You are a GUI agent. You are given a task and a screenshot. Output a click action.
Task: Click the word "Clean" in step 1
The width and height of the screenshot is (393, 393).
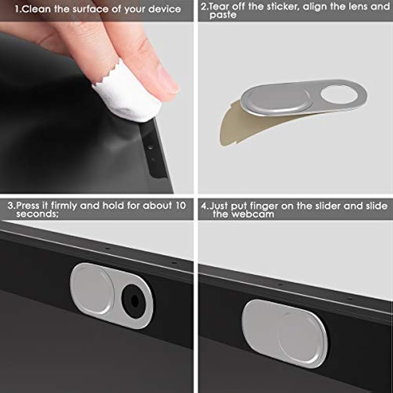[x=36, y=9]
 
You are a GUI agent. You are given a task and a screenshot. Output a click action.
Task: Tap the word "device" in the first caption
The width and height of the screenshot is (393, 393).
[x=165, y=9]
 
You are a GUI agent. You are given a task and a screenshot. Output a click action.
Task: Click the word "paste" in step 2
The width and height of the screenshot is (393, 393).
[x=223, y=15]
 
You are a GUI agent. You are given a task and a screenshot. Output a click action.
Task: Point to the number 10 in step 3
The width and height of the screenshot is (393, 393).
[x=180, y=205]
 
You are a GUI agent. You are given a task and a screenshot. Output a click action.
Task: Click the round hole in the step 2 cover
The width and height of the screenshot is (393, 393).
[x=339, y=94]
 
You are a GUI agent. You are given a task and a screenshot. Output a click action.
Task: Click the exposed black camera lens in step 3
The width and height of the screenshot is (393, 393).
[x=135, y=302]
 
